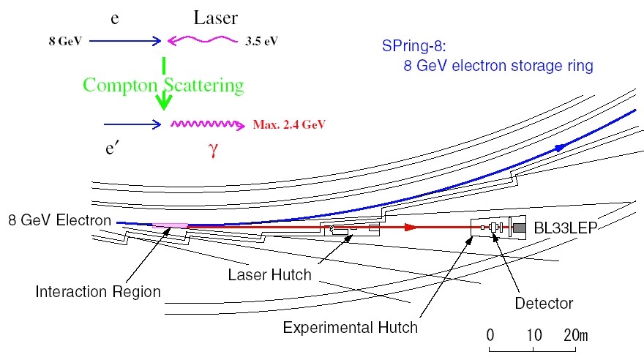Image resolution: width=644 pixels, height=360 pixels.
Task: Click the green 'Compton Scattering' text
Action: (163, 86)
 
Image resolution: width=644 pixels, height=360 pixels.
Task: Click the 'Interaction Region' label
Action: (98, 291)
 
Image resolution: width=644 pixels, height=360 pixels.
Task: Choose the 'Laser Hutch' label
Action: (269, 275)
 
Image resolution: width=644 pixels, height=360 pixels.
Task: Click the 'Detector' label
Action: (543, 302)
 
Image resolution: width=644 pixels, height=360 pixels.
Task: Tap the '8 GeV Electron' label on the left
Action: (60, 220)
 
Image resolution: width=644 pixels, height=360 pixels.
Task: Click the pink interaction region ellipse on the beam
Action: (170, 225)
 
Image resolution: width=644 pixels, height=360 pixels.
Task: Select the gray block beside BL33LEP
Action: (519, 229)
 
